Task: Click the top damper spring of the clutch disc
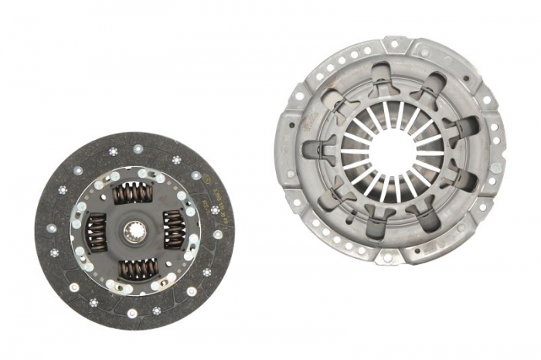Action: (x=133, y=193)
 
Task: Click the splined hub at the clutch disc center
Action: (x=134, y=230)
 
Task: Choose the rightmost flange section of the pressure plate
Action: (x=495, y=155)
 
